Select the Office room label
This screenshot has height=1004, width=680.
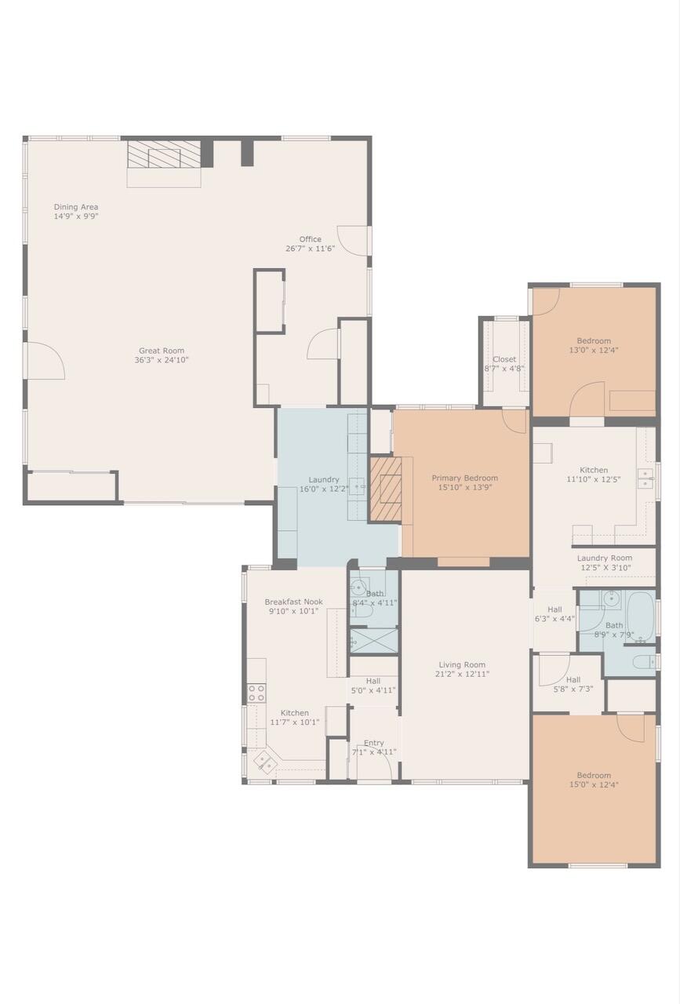(310, 240)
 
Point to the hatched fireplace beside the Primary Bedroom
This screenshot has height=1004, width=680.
(385, 490)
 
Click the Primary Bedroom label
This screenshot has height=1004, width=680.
(464, 478)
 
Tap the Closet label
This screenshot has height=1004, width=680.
(504, 360)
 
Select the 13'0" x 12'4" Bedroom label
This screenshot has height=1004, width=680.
(594, 341)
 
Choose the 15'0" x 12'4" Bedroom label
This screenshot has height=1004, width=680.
(594, 776)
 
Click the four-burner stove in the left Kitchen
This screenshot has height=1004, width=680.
(256, 693)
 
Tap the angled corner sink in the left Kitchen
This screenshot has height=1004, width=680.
(264, 760)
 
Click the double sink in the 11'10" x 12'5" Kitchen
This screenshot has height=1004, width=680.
(645, 478)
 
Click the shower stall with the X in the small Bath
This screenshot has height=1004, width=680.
(373, 641)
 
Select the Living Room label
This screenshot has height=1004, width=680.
(461, 664)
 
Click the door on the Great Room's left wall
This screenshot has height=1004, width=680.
(45, 362)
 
